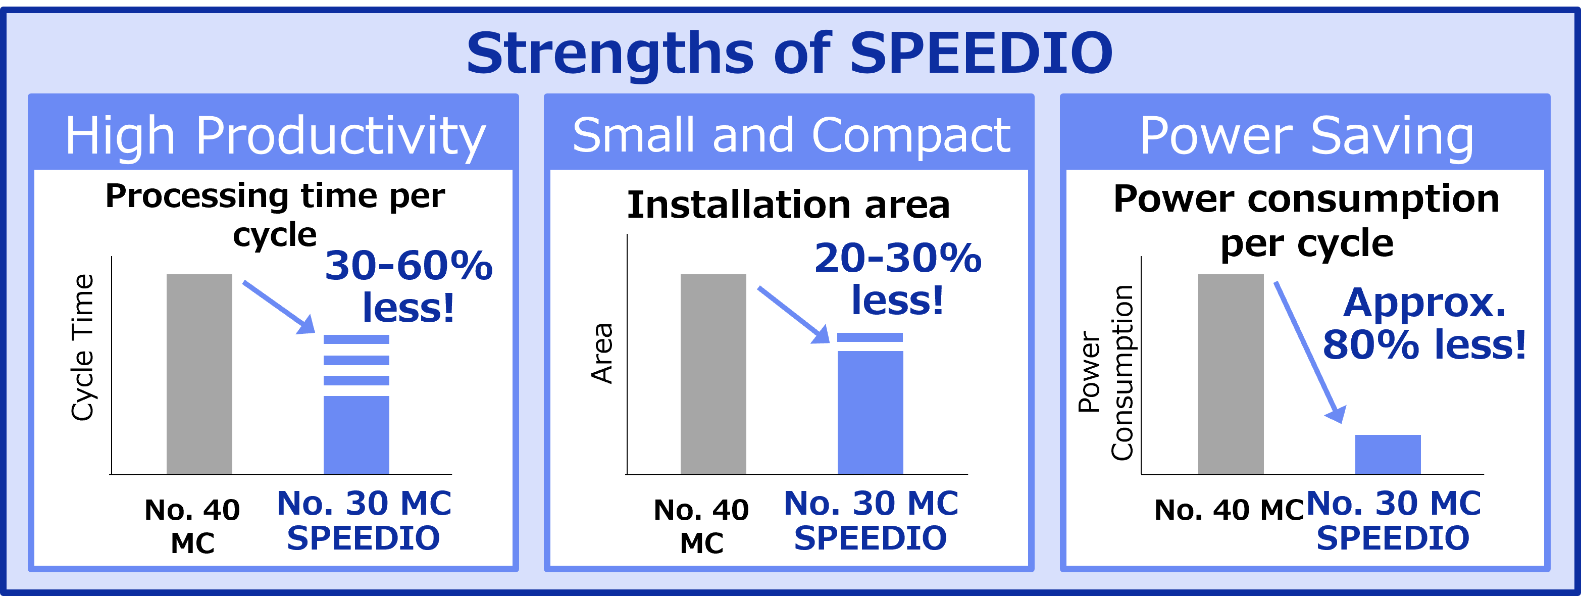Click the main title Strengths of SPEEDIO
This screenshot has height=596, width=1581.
click(x=789, y=53)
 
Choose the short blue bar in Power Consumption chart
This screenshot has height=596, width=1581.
click(x=1388, y=454)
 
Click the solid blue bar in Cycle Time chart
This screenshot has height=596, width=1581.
click(x=356, y=434)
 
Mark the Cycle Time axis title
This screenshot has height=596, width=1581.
click(x=82, y=347)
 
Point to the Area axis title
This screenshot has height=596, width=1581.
click(x=602, y=354)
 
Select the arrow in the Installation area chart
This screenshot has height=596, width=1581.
click(x=793, y=314)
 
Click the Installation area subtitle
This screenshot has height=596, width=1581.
click(x=788, y=205)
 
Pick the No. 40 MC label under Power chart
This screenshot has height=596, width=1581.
click(x=1229, y=510)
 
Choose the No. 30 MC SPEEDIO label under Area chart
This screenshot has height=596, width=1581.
click(x=871, y=521)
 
